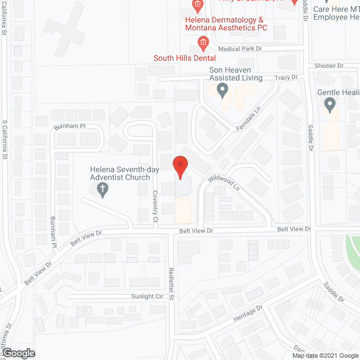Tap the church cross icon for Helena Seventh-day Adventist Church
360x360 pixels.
[x=103, y=192]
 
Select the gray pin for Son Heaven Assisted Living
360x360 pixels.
[x=223, y=89]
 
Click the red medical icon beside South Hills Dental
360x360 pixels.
[x=203, y=43]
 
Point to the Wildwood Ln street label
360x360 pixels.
[x=224, y=183]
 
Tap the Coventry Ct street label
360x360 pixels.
[x=155, y=205]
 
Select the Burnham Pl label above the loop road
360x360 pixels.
[x=69, y=127]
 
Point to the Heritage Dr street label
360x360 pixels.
[x=248, y=314]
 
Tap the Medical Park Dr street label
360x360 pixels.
[x=241, y=49]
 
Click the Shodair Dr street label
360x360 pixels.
[x=329, y=66]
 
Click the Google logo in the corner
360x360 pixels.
[x=18, y=353]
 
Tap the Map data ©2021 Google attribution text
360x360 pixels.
[x=325, y=355]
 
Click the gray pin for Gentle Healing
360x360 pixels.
[x=330, y=104]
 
